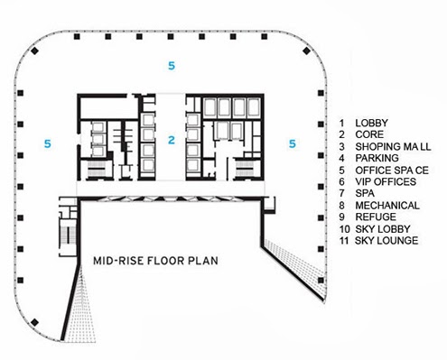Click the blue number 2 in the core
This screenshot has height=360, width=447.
pyautogui.click(x=172, y=140)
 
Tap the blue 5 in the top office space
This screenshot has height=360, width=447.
pyautogui.click(x=172, y=66)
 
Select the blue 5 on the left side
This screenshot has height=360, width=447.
pyautogui.click(x=48, y=143)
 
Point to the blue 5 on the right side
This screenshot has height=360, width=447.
pyautogui.click(x=293, y=143)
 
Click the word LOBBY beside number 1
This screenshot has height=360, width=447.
pyautogui.click(x=371, y=123)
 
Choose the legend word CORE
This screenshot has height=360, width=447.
pyautogui.click(x=369, y=134)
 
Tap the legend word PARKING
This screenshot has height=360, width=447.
pyautogui.click(x=377, y=158)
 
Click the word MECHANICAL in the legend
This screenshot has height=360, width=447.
pyautogui.click(x=387, y=206)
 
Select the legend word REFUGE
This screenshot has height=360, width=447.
pyautogui.click(x=376, y=217)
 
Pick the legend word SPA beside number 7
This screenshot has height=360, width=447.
pyautogui.click(x=365, y=193)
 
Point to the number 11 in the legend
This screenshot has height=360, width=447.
pyautogui.click(x=344, y=241)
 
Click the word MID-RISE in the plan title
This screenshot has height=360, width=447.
pyautogui.click(x=118, y=261)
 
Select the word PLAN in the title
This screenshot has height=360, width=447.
pyautogui.click(x=203, y=261)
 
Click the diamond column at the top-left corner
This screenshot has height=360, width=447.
pyautogui.click(x=35, y=51)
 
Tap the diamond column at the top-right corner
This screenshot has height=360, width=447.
pyautogui.click(x=306, y=51)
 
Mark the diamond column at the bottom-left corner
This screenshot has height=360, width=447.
pyautogui.click(x=35, y=322)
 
